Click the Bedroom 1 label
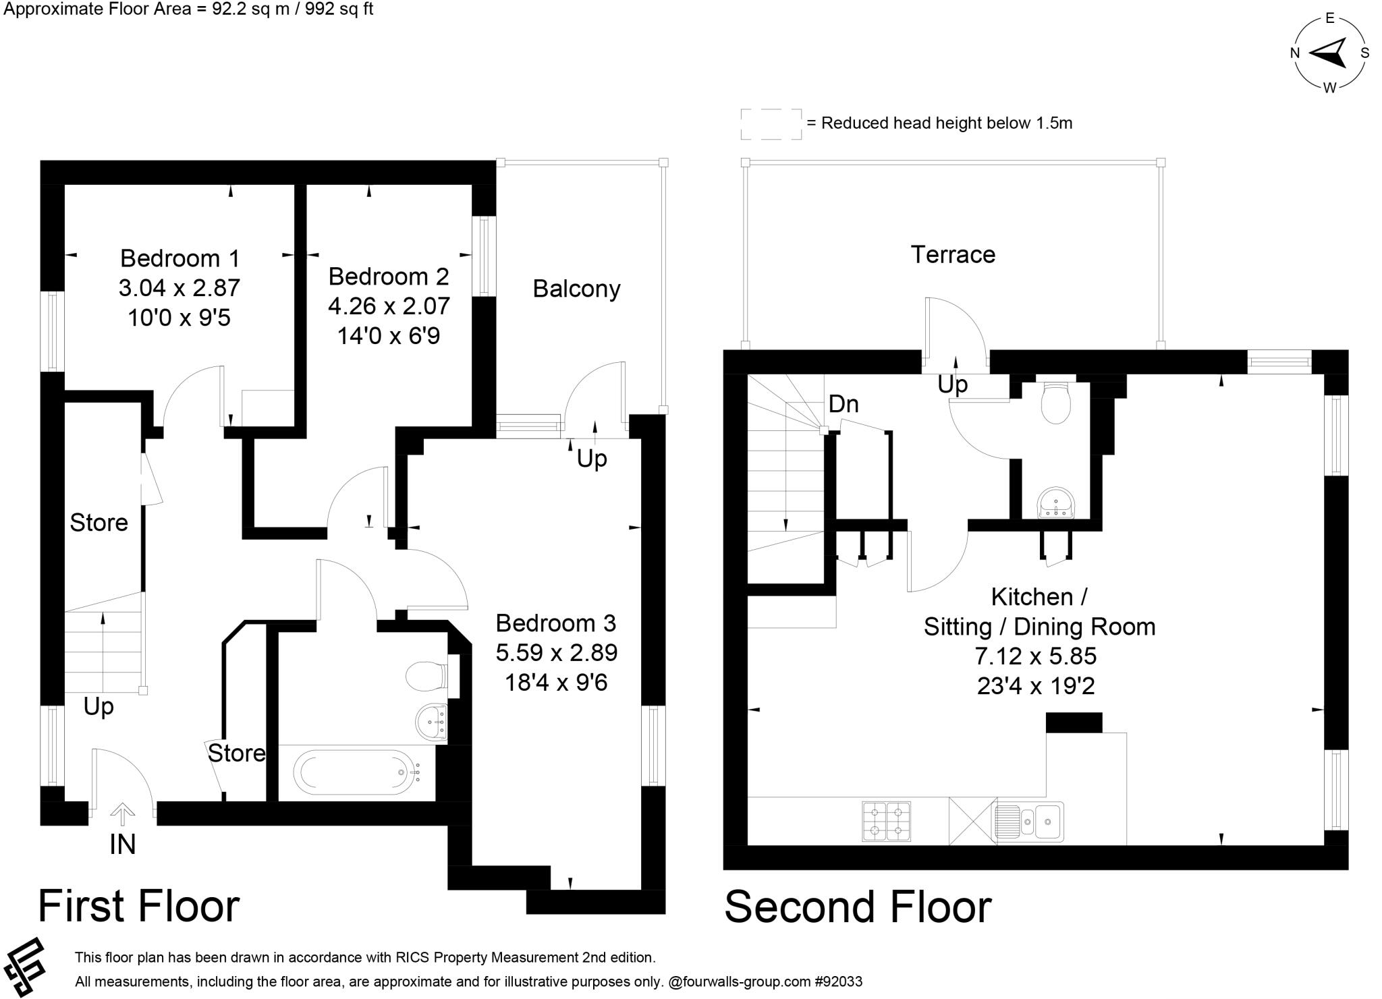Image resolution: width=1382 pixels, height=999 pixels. coord(179,258)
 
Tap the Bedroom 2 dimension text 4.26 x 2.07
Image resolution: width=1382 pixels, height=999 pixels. coord(389,306)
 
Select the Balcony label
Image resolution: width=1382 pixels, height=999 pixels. coord(576,289)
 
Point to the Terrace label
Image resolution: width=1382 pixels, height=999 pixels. coord(952,254)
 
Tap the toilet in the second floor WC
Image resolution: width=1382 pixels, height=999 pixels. coord(1055,403)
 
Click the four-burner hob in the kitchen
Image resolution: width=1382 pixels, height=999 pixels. coord(886,821)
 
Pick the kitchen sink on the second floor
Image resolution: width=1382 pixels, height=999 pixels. coord(1029,821)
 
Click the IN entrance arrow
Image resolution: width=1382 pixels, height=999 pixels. coord(122,816)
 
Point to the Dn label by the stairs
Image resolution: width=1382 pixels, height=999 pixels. coord(844,404)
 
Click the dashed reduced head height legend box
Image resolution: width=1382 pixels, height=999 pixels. coord(771,123)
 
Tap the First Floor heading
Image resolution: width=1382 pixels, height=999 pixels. coord(138,906)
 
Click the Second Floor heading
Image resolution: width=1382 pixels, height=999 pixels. coord(858,907)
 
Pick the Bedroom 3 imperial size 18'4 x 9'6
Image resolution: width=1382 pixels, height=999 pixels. coord(556,682)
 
